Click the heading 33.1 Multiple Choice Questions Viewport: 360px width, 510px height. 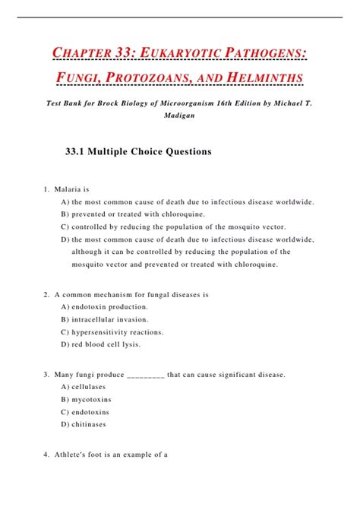(139, 151)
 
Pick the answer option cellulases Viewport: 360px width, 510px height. (90, 387)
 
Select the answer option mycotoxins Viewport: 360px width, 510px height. (91, 399)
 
